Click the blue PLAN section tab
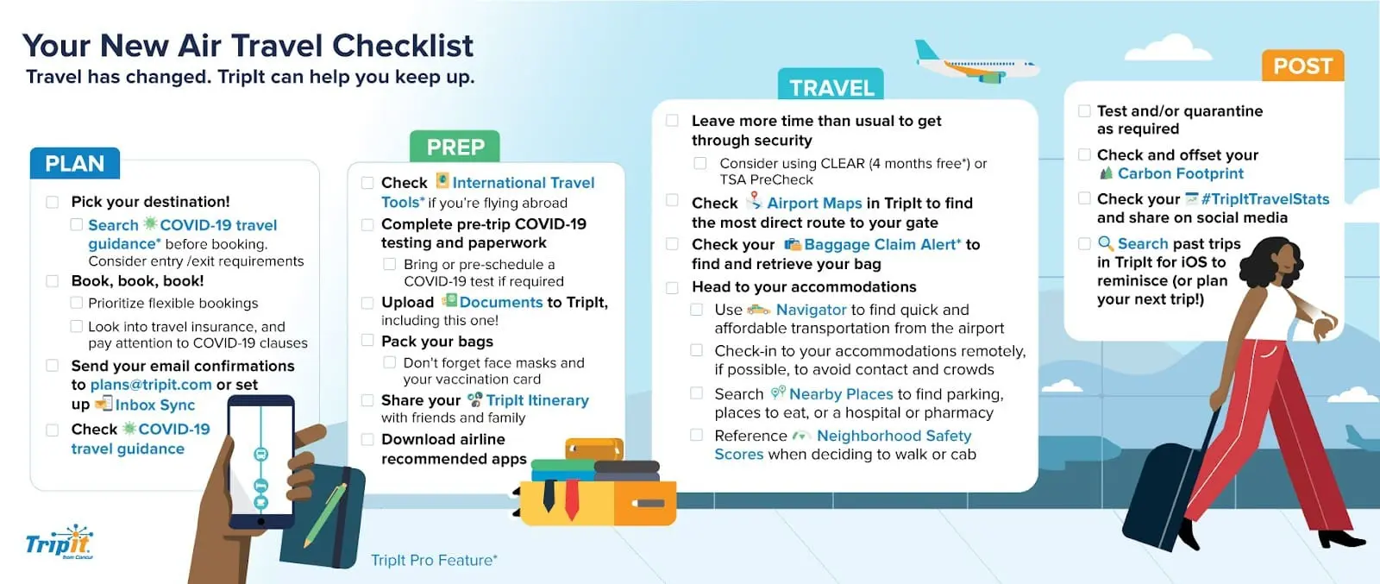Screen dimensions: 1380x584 coord(74,163)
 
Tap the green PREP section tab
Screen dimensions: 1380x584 coord(455,147)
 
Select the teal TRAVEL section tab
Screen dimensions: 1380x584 coord(831,85)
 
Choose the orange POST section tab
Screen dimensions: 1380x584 coord(1303,66)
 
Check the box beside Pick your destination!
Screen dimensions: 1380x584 coord(53,202)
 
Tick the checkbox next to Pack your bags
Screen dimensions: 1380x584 coord(367,341)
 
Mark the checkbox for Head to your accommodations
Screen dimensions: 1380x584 coord(672,288)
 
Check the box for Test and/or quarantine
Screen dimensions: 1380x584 coord(1084,111)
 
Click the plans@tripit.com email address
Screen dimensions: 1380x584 coord(151,385)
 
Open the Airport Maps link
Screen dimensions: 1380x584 coord(814,204)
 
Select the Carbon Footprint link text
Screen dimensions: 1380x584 coord(1181,173)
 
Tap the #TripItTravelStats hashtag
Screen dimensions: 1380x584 coord(1264,199)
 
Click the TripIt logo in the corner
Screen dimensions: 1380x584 coord(60,542)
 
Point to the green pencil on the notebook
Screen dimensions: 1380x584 coord(325,515)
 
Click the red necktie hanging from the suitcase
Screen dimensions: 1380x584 coord(572,499)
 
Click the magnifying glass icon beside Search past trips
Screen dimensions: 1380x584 coord(1106,244)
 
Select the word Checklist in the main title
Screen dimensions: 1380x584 coord(403,46)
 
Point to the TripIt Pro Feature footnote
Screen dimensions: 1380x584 coord(434,560)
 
